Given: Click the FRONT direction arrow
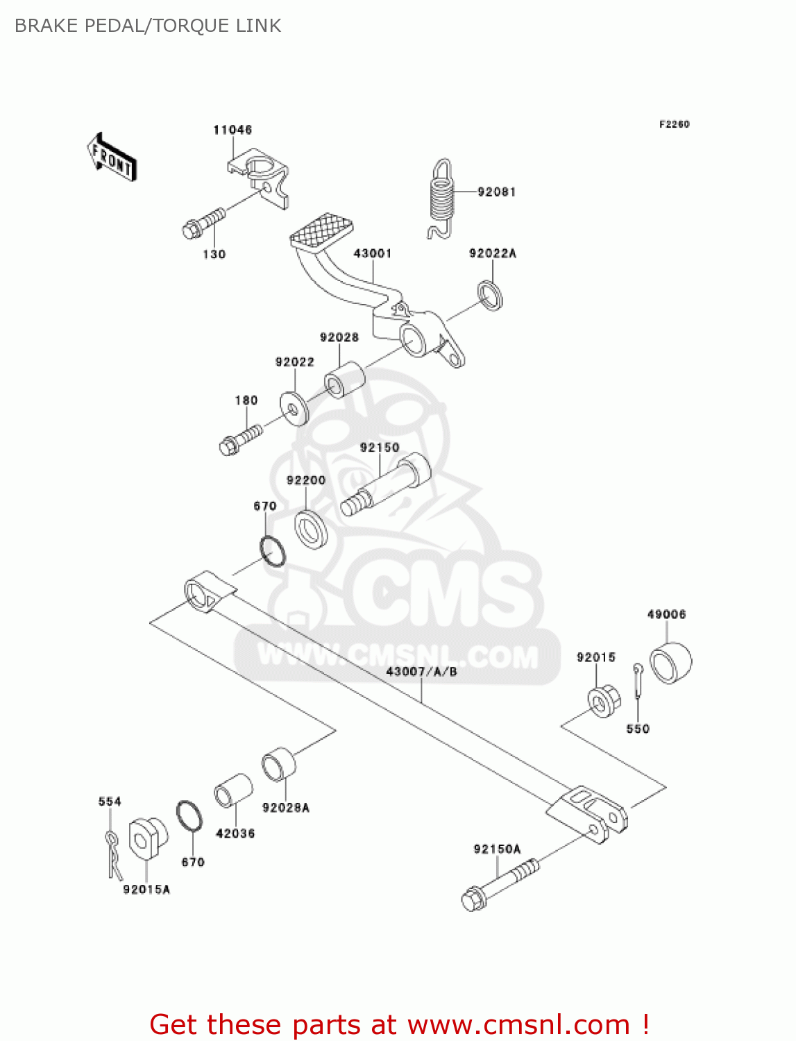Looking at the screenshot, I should coord(111,158).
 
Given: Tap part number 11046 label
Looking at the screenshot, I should coord(232,130).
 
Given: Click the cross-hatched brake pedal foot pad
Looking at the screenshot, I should coord(321,232).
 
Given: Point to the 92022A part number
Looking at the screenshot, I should coord(493,253).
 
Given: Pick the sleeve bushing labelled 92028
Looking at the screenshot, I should coord(345,378).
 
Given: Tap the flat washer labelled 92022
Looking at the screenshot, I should coord(294,409).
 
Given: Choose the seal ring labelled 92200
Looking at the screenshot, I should coord(312,529).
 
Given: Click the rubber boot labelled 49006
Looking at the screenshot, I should coord(670,663).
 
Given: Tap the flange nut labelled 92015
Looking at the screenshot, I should coord(604,700).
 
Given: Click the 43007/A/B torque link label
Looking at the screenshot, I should coord(421,671).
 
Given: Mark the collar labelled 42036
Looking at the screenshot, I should coord(233,792).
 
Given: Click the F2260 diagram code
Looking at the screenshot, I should coord(674,124).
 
